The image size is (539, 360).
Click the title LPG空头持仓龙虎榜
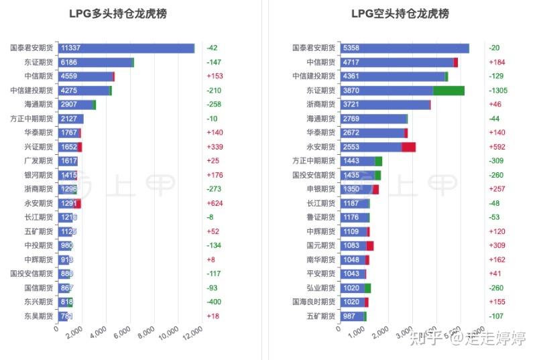point(400,14)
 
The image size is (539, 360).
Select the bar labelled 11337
point(126,48)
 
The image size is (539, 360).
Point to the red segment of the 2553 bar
point(408,147)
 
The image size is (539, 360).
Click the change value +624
point(215,203)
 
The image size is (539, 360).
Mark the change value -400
point(215,302)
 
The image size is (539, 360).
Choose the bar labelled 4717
point(397,62)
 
